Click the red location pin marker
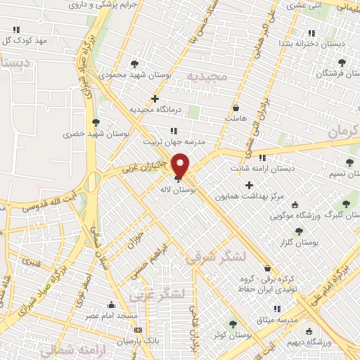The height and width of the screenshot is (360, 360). point(181,165)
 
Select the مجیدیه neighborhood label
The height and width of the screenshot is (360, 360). point(208,75)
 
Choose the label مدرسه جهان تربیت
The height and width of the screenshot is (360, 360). point(174,141)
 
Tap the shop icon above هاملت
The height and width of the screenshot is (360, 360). point(236,108)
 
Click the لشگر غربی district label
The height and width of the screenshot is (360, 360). point(167,292)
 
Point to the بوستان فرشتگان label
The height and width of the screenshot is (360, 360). point(337,72)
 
